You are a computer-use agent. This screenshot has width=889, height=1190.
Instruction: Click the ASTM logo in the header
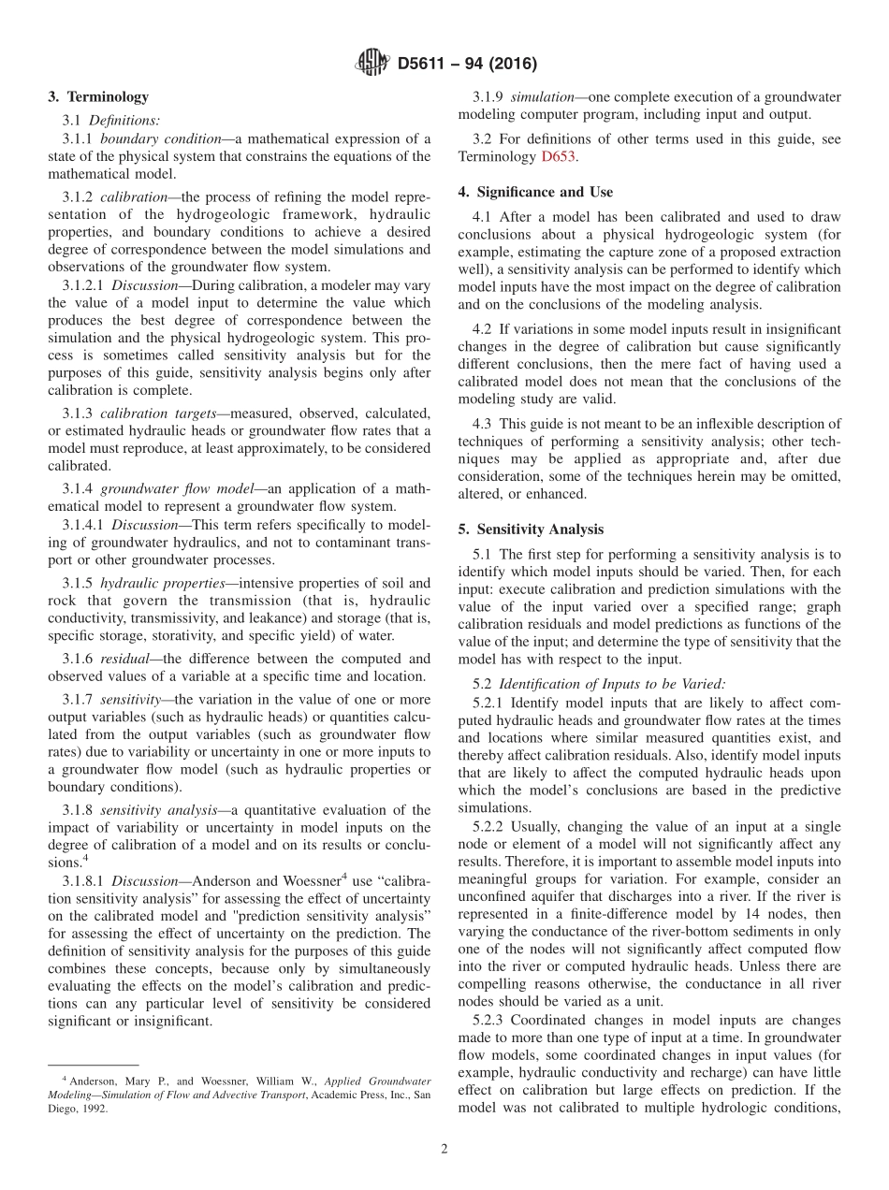tap(372, 64)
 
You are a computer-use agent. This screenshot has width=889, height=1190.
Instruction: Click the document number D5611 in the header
tap(426, 65)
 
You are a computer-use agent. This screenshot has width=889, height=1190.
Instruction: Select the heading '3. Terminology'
tap(98, 96)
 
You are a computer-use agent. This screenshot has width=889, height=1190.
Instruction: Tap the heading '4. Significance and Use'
tap(535, 192)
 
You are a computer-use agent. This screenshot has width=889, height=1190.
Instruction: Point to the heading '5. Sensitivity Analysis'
tap(531, 529)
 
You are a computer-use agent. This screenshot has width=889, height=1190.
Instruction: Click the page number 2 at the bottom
tap(444, 1149)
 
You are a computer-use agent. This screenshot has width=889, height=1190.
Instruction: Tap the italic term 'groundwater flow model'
tap(172, 489)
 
